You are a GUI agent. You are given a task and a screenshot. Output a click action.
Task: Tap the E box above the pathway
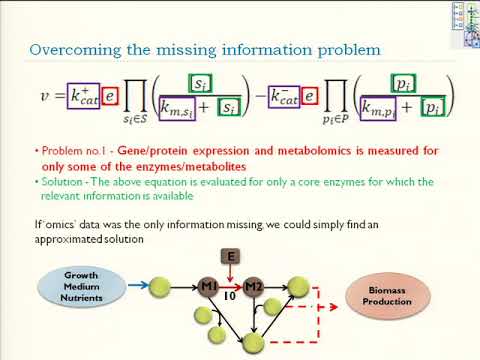click(231, 257)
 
